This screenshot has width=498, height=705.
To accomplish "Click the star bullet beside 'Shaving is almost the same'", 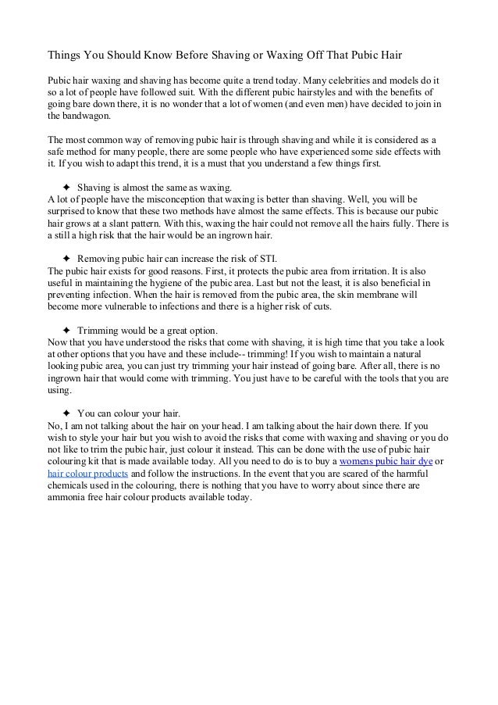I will pyautogui.click(x=66, y=188).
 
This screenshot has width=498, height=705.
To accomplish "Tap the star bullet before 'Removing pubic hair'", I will pyautogui.click(x=66, y=258).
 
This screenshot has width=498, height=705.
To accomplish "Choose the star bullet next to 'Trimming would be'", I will pyautogui.click(x=66, y=330).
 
